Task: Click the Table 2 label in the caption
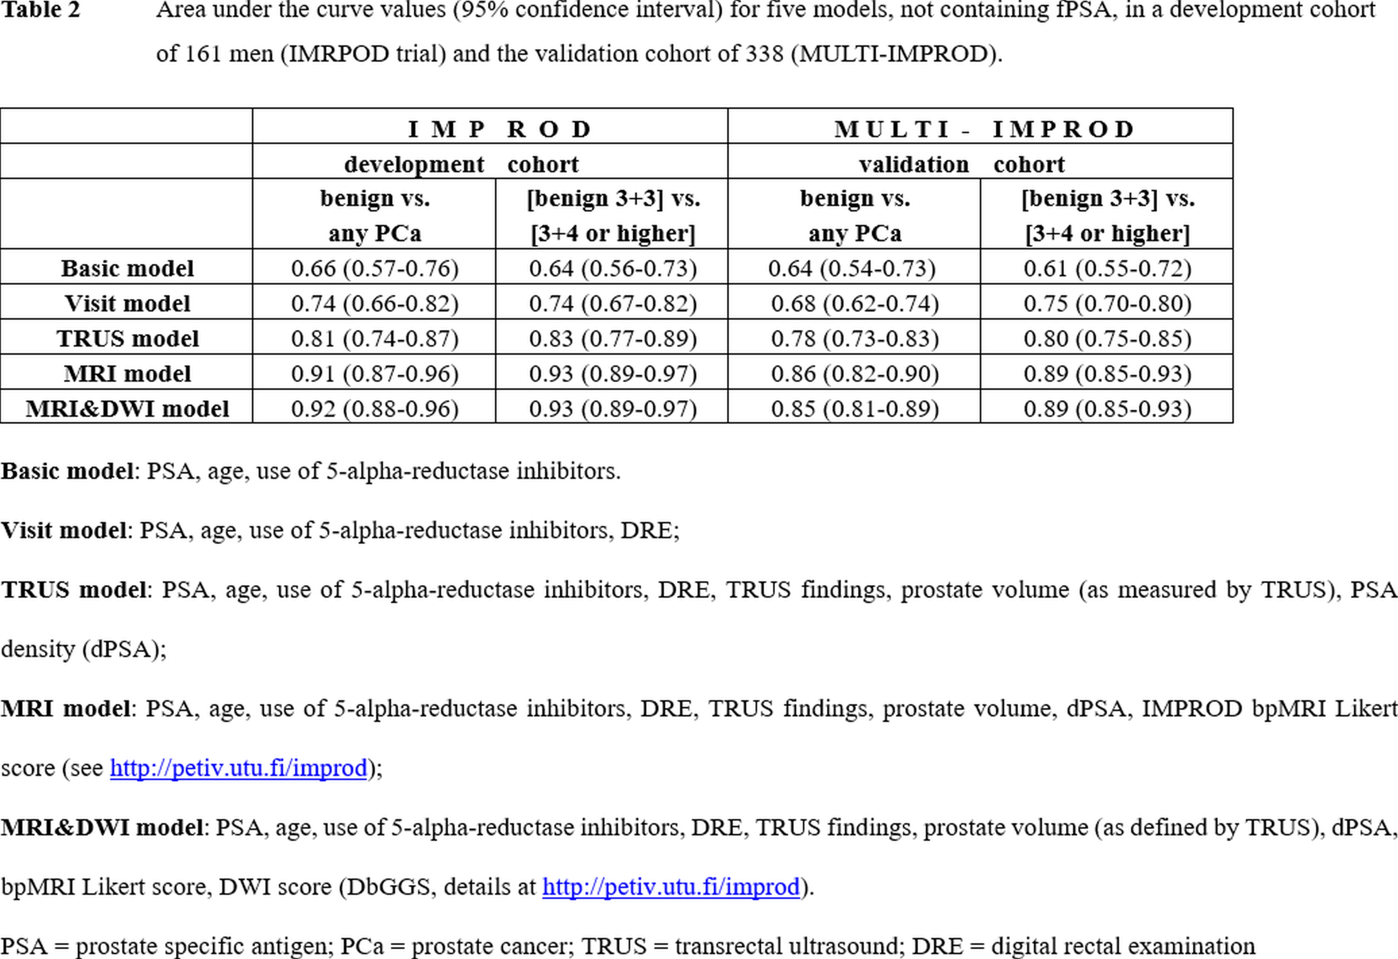point(40,10)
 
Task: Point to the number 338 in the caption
point(765,54)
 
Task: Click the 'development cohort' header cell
point(461,164)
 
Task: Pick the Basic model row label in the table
point(127,268)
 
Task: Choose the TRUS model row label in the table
point(127,338)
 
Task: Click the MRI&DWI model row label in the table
point(127,409)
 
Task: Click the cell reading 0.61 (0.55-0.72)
point(1108,268)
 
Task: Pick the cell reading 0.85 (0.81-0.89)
point(855,409)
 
